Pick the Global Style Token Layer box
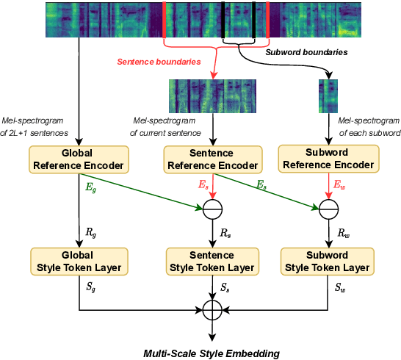pyautogui.click(x=78, y=262)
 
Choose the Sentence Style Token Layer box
pyautogui.click(x=213, y=262)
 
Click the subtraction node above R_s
pyautogui.click(x=213, y=212)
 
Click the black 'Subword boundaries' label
pyautogui.click(x=306, y=53)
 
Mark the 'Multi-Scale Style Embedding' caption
pyautogui.click(x=212, y=353)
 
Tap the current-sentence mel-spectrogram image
pyautogui.click(x=213, y=96)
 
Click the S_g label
pyautogui.click(x=91, y=289)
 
